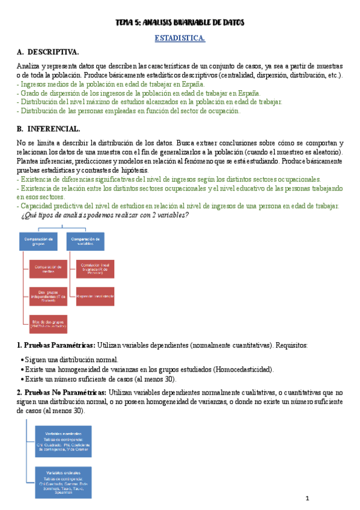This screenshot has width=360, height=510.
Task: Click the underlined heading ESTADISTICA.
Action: point(180,38)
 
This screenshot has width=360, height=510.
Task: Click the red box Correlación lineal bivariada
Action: point(94,268)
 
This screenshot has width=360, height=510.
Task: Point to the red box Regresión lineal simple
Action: point(94,296)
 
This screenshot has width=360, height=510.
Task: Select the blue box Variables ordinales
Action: point(63,481)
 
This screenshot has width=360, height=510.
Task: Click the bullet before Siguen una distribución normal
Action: point(22,359)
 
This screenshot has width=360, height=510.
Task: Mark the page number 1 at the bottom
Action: point(307,499)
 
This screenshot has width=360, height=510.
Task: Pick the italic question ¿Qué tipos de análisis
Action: point(105,215)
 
